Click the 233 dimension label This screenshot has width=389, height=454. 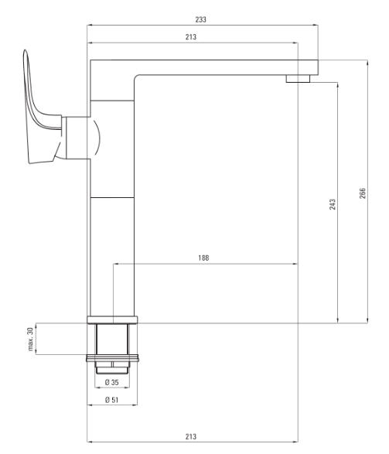point(200,19)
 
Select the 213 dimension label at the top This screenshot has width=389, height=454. point(191,37)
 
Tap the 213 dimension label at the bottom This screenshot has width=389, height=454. point(191,436)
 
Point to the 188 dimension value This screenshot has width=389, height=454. point(203,258)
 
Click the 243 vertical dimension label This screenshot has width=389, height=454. point(333,204)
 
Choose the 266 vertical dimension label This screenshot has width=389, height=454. point(363,193)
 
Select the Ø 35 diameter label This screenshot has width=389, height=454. point(111,382)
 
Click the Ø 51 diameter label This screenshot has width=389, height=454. point(111,400)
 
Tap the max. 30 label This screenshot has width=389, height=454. point(30,340)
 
